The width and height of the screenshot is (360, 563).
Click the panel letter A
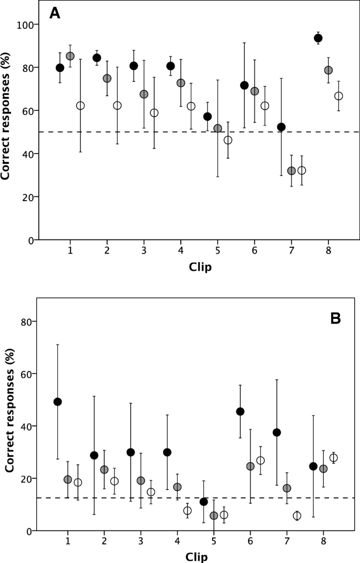pos(55,14)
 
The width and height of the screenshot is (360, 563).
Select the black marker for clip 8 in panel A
pos(318,38)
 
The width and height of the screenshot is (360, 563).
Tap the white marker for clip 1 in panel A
pos(80,106)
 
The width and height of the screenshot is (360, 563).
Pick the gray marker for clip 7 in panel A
pos(292,171)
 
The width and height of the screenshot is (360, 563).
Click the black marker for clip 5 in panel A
pos(208,117)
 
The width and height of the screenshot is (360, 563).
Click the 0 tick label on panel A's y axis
pos(30,240)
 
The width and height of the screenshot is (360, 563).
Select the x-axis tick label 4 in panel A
pos(181,250)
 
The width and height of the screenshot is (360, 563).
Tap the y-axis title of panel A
pos(7,132)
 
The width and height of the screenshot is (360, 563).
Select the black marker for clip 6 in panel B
pos(240,411)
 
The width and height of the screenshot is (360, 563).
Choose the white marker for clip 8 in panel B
pos(333,457)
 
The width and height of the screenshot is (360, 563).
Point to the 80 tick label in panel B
pos(25,321)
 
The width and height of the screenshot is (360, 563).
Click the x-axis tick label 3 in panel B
pos(140,540)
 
